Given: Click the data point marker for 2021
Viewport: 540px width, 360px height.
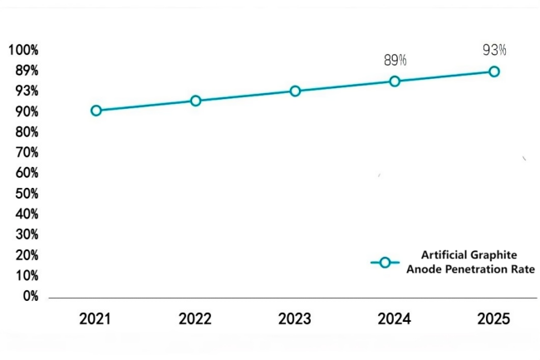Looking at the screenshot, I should pos(96,111).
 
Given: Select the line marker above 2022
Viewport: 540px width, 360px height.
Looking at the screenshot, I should pos(195,101).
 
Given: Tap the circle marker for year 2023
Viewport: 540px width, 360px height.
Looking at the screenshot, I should pos(295,91).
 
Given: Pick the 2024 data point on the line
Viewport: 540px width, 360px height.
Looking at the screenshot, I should pos(395,81).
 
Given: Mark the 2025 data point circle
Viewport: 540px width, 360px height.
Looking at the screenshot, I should pos(494,72).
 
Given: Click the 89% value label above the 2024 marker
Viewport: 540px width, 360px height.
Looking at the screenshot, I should pos(395,60).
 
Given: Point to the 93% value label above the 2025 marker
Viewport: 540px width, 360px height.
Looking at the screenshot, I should pos(494,50).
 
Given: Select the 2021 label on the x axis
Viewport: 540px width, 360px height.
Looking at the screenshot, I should pos(96,318).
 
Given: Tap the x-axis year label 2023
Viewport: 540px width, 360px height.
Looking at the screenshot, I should pos(295,318).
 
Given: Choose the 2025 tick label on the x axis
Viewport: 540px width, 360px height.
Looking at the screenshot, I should pos(494,318).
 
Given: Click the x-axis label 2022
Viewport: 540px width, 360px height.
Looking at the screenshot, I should pos(195,318).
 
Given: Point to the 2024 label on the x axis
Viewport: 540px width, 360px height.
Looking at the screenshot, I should pos(395,318).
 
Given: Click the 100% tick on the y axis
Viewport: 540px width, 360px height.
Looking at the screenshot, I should pos(24,50).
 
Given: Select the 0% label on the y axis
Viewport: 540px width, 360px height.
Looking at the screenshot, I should pos(31,296).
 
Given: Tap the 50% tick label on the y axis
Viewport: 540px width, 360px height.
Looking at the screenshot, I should pos(27,194).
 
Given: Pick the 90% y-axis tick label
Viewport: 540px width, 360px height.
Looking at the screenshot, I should pos(27,111).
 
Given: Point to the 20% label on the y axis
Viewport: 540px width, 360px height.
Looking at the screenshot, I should pos(27,255).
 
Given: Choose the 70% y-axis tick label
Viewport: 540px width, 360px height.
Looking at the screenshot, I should pos(27,152).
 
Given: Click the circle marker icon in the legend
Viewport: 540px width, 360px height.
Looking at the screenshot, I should pos(385,262).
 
